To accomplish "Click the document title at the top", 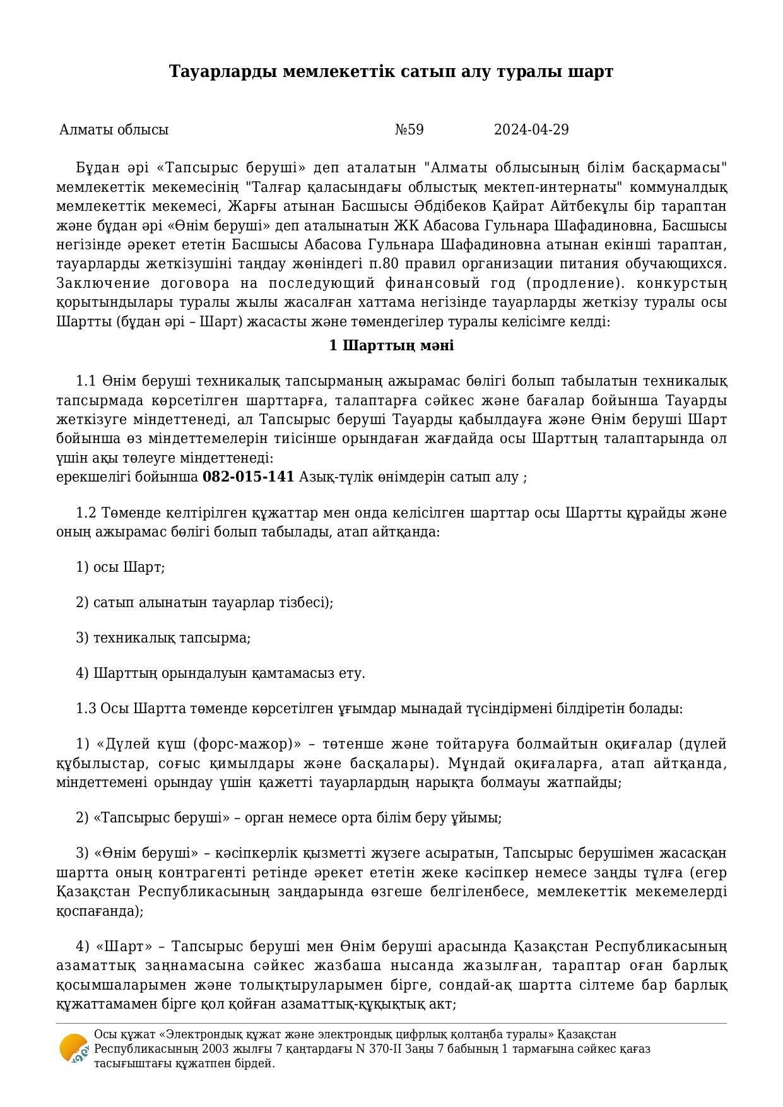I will (391, 71).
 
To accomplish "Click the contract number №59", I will (409, 130).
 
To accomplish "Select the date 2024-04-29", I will (531, 130).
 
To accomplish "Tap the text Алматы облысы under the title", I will (114, 130).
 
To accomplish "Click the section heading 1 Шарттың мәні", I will (391, 346).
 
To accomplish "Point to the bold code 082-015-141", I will (248, 477).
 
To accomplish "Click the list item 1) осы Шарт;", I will (120, 567).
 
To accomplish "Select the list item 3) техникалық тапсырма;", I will (163, 637).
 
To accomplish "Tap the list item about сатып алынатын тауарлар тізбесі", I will (204, 602).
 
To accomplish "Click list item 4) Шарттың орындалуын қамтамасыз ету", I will (220, 673).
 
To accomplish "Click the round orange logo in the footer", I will (74, 1048).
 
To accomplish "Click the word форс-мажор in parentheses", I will (246, 744).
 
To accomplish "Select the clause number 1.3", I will (86, 708).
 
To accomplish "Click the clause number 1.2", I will (86, 512).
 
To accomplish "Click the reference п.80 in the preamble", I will (382, 264).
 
